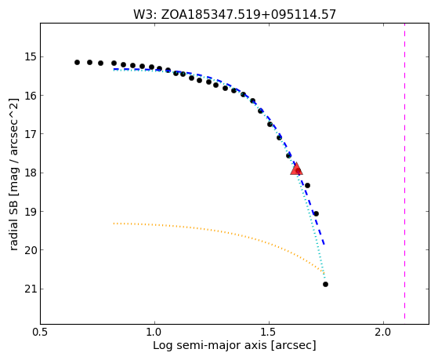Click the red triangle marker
[x=296, y=169]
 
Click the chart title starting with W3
[x=234, y=14]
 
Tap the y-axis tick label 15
[x=31, y=56]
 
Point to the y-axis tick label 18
[x=31, y=173]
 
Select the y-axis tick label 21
[x=31, y=289]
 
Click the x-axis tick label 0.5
[x=41, y=333]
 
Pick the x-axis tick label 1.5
[x=269, y=333]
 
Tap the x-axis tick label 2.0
[x=383, y=333]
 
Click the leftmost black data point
[x=77, y=62]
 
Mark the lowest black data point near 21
[x=325, y=284]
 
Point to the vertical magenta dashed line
[x=405, y=171]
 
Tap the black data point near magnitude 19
[x=316, y=213]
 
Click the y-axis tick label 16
[x=31, y=95]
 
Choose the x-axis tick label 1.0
[x=154, y=333]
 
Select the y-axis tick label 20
[x=31, y=249]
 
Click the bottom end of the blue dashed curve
[x=324, y=245]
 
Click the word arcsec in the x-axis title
[x=294, y=346]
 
